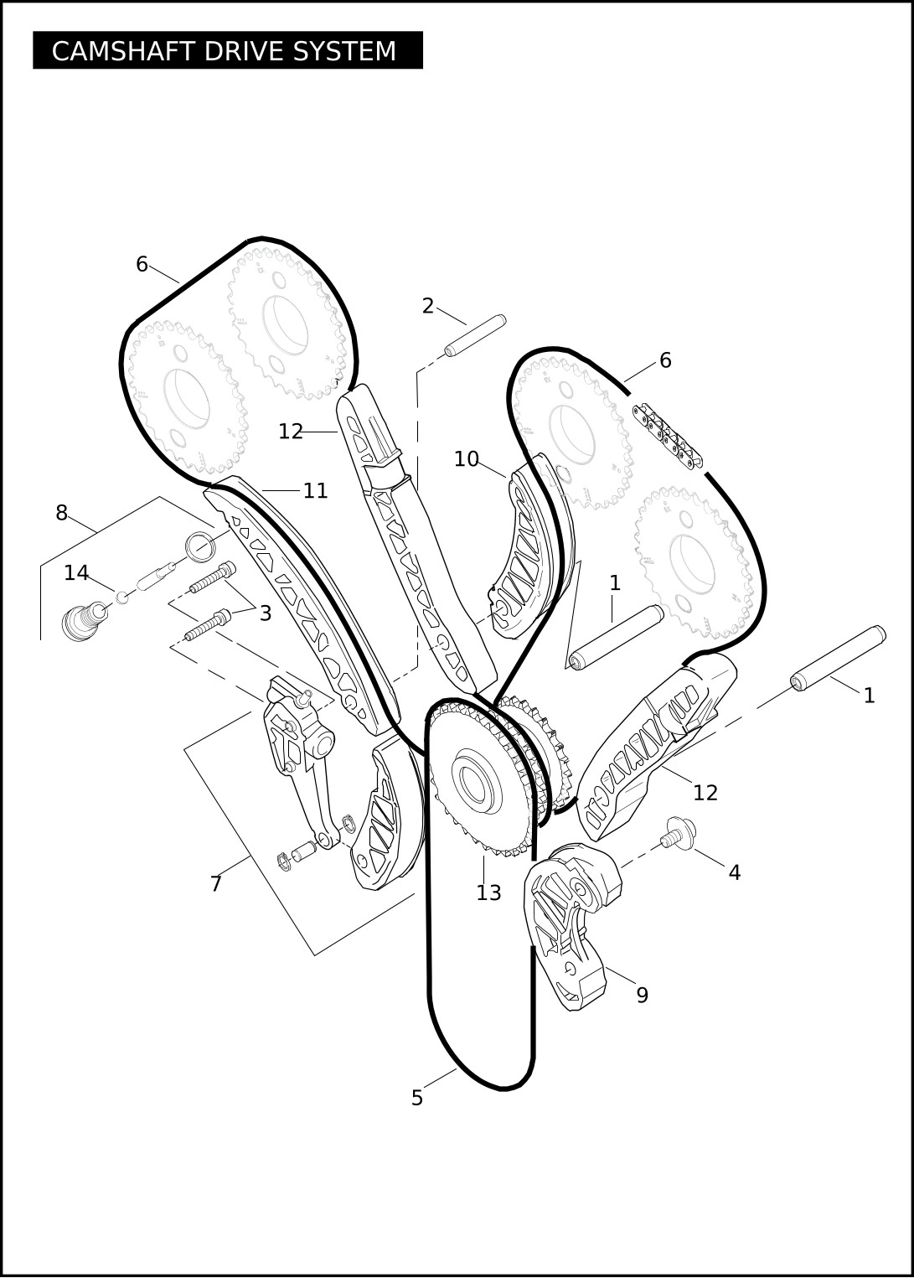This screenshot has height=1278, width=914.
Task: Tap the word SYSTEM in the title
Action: click(x=344, y=51)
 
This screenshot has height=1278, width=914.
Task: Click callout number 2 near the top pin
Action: click(x=428, y=307)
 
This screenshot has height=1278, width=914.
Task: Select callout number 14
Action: click(x=76, y=573)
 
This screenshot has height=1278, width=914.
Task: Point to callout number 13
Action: click(x=488, y=893)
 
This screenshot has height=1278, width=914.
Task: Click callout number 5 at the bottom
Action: click(x=417, y=1099)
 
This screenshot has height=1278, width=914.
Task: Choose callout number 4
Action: click(x=735, y=872)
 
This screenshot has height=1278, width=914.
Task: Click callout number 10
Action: click(x=467, y=458)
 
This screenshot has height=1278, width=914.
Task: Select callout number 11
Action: click(x=315, y=490)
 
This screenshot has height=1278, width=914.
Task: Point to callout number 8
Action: click(x=62, y=513)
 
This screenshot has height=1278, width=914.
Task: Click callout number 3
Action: click(x=265, y=613)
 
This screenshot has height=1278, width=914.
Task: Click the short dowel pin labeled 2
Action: click(x=475, y=336)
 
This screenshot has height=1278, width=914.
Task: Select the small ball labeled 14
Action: click(x=121, y=598)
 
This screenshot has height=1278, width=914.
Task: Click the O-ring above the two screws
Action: click(x=201, y=546)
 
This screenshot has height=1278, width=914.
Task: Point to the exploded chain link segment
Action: click(x=667, y=435)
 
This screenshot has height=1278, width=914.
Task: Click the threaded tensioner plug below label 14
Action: click(x=84, y=621)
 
